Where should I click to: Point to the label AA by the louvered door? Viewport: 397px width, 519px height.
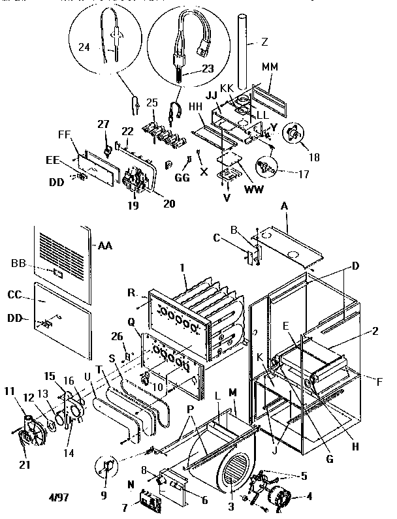pyautogui.click(x=104, y=246)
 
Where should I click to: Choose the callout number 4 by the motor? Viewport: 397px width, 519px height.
pyautogui.click(x=309, y=495)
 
